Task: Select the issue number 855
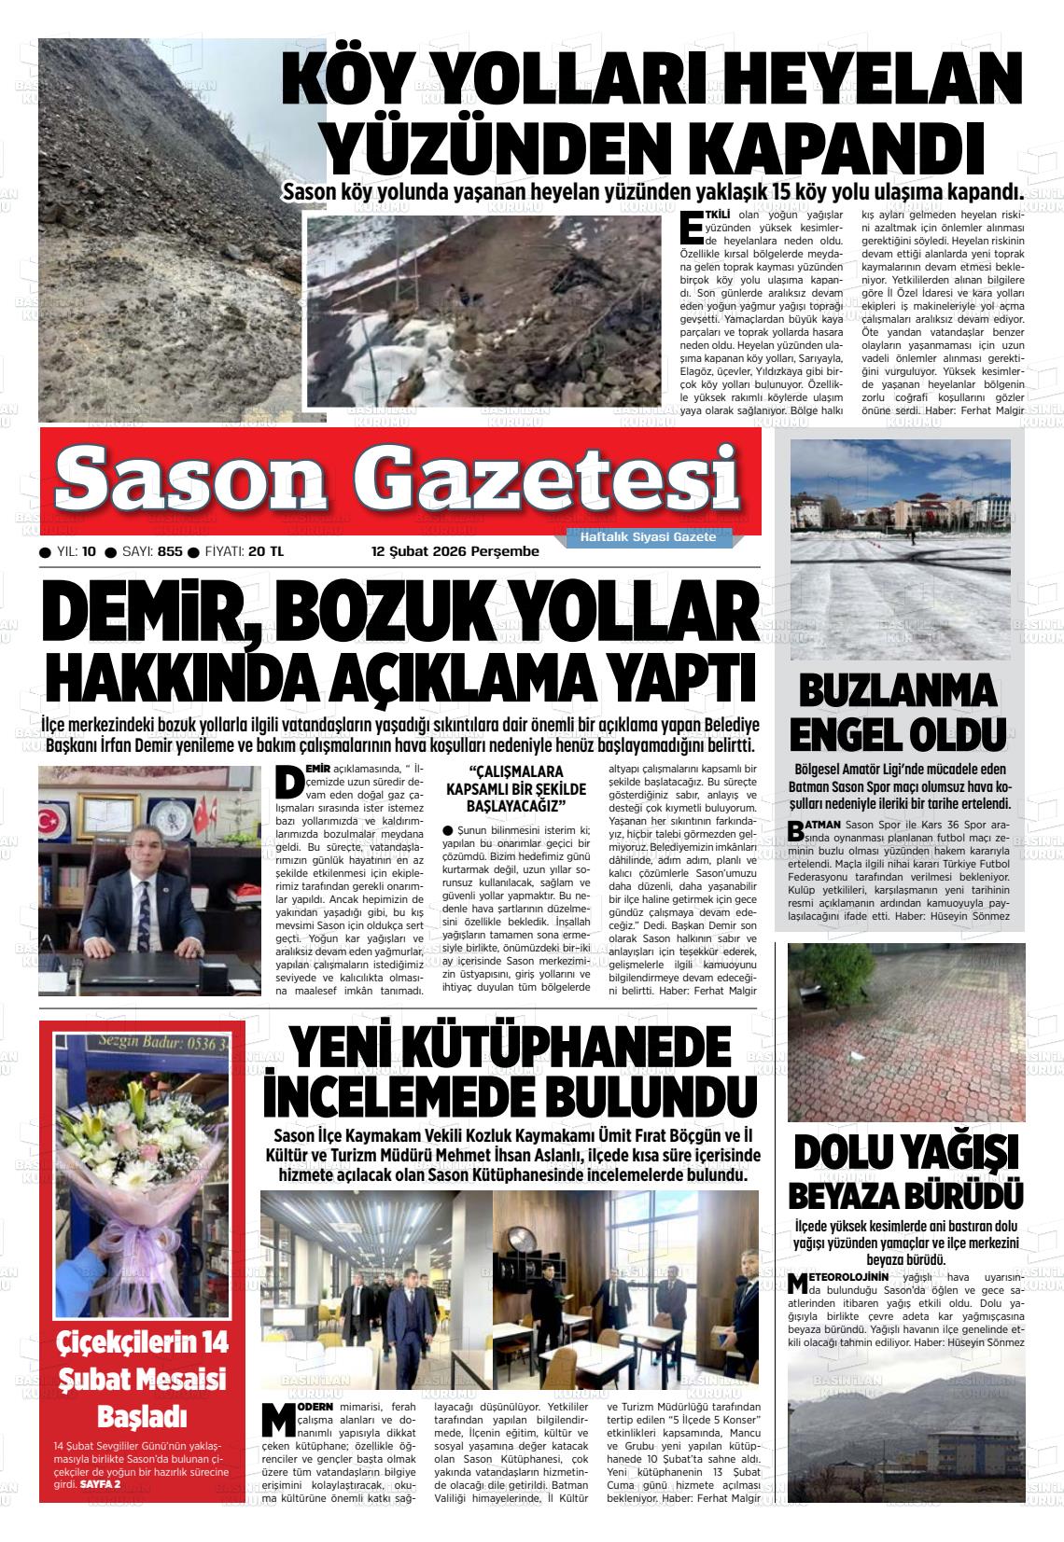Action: (x=170, y=551)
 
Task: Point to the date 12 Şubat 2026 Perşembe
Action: (x=455, y=551)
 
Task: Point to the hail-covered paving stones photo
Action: (x=905, y=1031)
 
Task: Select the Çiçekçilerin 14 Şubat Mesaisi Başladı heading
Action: (x=142, y=1379)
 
